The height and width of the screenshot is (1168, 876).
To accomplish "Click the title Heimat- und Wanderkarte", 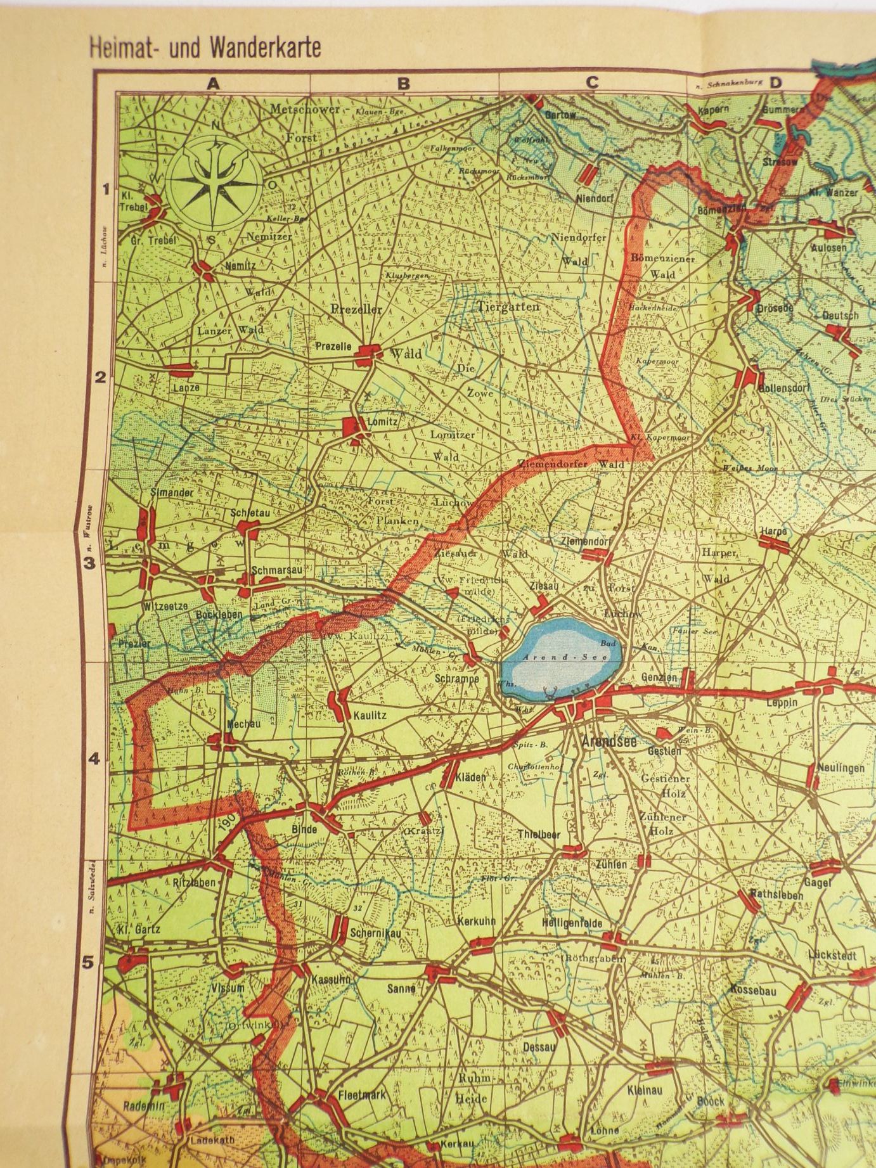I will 205,48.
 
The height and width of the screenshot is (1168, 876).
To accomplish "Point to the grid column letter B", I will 403,83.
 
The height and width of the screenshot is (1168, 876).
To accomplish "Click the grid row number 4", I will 94,759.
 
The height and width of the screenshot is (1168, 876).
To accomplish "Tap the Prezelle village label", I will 333,347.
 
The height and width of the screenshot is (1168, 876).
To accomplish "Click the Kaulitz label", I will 370,716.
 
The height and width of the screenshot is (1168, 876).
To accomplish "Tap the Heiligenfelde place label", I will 572,923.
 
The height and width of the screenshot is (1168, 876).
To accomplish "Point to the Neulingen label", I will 841,767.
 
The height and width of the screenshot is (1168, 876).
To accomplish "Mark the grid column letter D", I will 775,83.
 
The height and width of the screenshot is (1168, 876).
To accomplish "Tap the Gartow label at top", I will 560,115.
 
